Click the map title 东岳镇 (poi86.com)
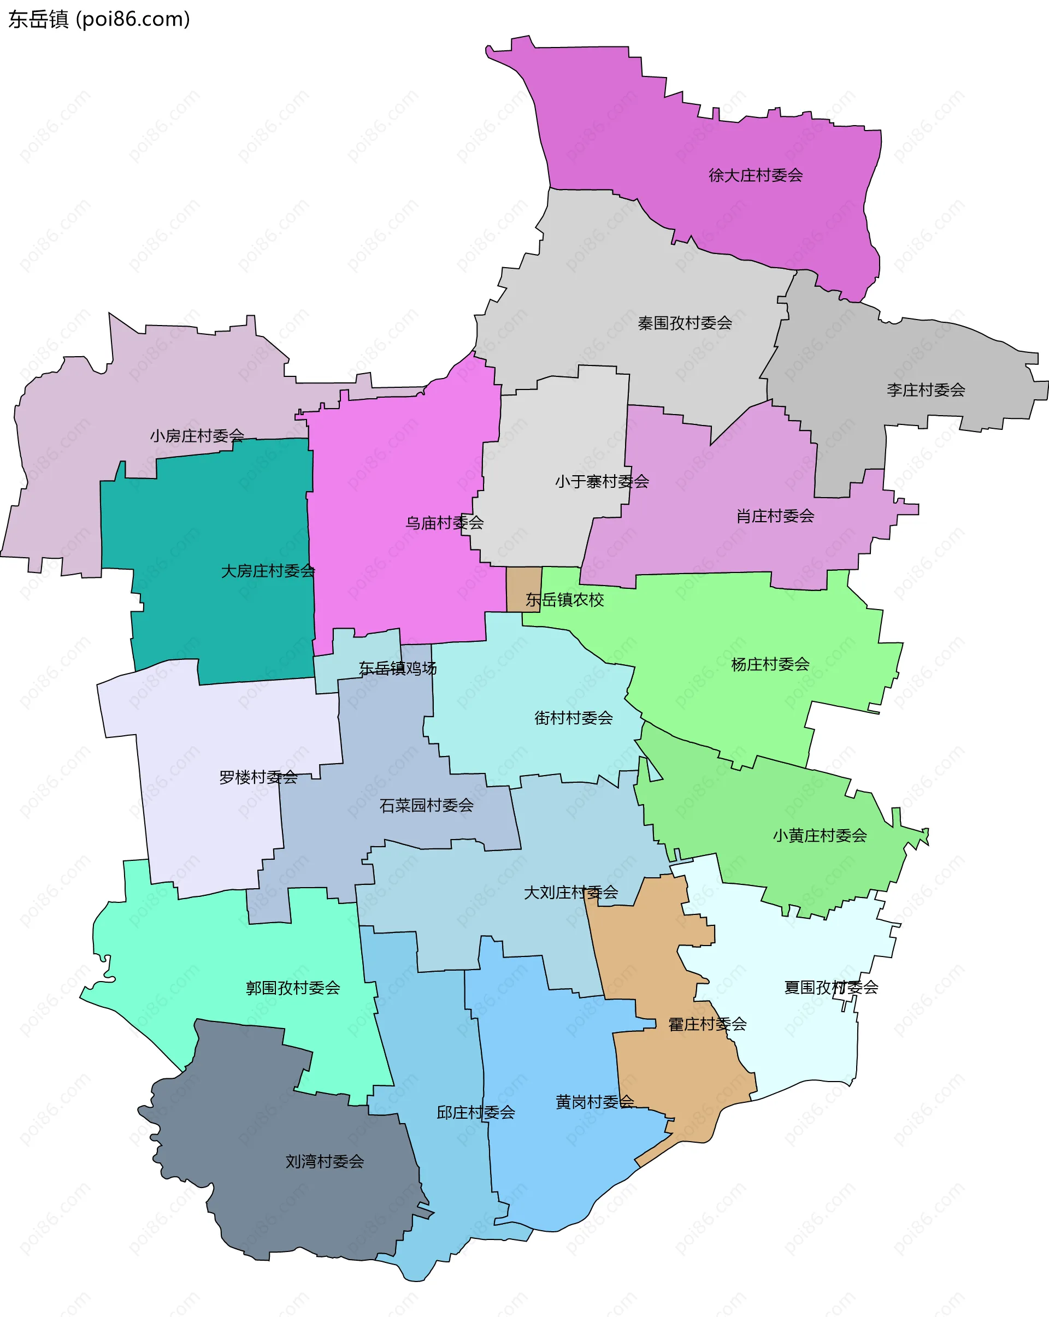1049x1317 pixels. [99, 20]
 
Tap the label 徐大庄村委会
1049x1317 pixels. [755, 175]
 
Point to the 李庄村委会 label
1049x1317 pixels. [925, 389]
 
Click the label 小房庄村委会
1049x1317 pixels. [197, 435]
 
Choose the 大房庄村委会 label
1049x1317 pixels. [268, 571]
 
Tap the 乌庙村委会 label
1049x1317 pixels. [444, 523]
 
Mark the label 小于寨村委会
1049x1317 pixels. [601, 481]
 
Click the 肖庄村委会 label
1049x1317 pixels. [775, 516]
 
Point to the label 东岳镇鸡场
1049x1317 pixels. [397, 668]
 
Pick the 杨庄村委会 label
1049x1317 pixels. [770, 664]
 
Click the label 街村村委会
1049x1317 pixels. [573, 718]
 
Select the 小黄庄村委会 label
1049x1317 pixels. [820, 835]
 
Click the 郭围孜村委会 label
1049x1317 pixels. [293, 988]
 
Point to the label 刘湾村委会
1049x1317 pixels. [325, 1161]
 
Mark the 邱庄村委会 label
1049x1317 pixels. [475, 1112]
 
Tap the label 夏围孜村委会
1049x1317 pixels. [830, 987]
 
